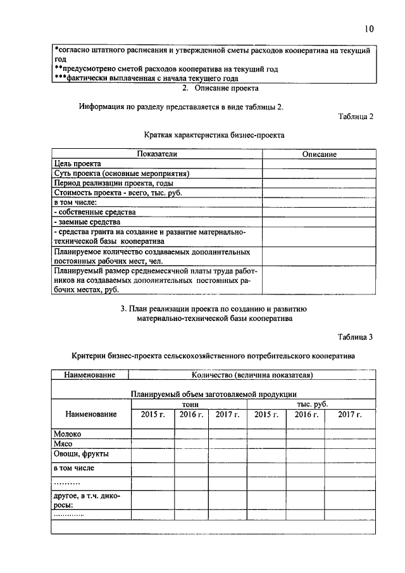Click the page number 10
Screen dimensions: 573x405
[x=370, y=28]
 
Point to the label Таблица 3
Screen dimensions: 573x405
[x=356, y=337]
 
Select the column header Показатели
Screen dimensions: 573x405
[x=156, y=154]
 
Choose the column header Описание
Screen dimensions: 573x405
[x=319, y=154]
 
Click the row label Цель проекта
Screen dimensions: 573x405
[x=73, y=163]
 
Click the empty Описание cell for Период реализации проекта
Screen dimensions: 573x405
[x=319, y=183]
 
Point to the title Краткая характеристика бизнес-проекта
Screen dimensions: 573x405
[x=214, y=135]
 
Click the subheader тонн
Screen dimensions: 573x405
[x=189, y=404]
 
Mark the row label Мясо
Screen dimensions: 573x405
[x=64, y=444]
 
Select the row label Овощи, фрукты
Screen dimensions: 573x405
[x=81, y=454]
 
